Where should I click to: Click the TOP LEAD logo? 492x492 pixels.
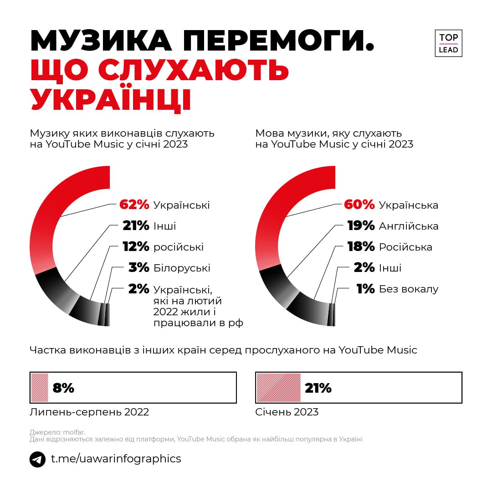coord(448,43)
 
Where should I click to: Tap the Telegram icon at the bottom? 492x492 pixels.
coord(37,459)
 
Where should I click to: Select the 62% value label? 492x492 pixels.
coord(134,205)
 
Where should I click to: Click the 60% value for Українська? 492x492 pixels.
coord(359,205)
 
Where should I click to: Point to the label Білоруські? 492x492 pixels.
coord(182,268)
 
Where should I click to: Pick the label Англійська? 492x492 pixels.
coord(409,226)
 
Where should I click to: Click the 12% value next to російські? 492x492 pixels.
coord(136,247)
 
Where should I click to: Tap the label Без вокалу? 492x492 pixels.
coord(409,289)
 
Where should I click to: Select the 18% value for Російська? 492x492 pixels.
coord(361,247)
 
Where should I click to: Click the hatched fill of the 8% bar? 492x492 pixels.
coord(39,388)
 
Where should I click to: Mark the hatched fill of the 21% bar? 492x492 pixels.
coord(278,388)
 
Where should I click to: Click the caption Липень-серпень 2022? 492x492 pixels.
coord(89,412)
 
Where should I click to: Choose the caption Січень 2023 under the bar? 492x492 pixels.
coord(287,412)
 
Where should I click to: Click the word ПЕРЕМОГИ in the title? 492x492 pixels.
coord(278,41)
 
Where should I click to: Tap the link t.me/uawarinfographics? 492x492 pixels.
coord(116,459)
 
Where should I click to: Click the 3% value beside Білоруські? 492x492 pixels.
coord(139,268)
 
